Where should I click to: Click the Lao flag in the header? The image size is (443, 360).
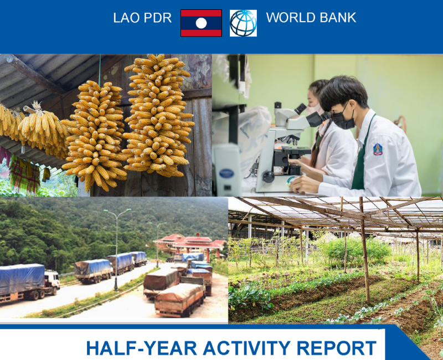(201, 23)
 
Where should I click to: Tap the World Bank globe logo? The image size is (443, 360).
(243, 23)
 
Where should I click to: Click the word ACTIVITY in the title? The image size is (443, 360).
(246, 348)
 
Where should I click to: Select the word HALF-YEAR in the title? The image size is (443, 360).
(141, 348)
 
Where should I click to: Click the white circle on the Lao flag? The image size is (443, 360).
(201, 23)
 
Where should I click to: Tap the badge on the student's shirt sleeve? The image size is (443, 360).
(378, 149)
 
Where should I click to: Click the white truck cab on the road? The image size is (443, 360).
(52, 280)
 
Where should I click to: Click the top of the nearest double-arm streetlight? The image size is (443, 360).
(117, 211)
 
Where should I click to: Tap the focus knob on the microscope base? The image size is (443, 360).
(268, 177)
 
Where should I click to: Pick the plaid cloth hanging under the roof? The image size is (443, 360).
(24, 176)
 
